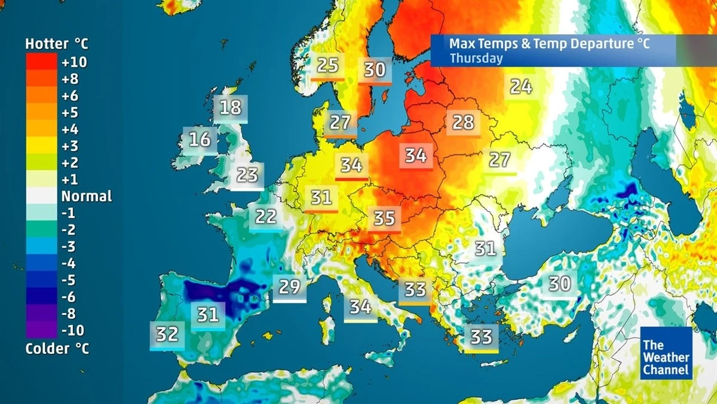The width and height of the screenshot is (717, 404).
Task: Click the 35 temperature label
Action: [x=384, y=218]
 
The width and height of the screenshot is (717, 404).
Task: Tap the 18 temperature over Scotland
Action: [x=231, y=108]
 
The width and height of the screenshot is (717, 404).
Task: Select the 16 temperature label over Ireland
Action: [x=200, y=140]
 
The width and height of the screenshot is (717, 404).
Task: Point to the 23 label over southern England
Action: [x=247, y=175]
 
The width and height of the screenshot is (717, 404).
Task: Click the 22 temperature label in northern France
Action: [x=266, y=215]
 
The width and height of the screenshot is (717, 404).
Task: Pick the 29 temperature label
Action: [x=290, y=287]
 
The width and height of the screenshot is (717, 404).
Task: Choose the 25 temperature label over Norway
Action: [x=327, y=65]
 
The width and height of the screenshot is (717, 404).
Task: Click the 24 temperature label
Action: [x=520, y=87]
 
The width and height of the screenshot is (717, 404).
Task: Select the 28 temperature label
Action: [x=463, y=123]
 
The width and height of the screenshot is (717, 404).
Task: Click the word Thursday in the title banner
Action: [x=476, y=59]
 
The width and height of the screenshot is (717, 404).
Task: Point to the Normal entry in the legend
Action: [x=87, y=196]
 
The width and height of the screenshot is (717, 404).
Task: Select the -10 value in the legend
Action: [x=72, y=330]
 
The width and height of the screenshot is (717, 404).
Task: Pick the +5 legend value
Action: [x=70, y=113]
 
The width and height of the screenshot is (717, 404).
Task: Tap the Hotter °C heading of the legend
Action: [x=57, y=44]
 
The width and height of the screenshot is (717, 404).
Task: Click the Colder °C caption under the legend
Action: [x=57, y=349]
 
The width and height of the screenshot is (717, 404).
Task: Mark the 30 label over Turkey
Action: [x=560, y=283]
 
